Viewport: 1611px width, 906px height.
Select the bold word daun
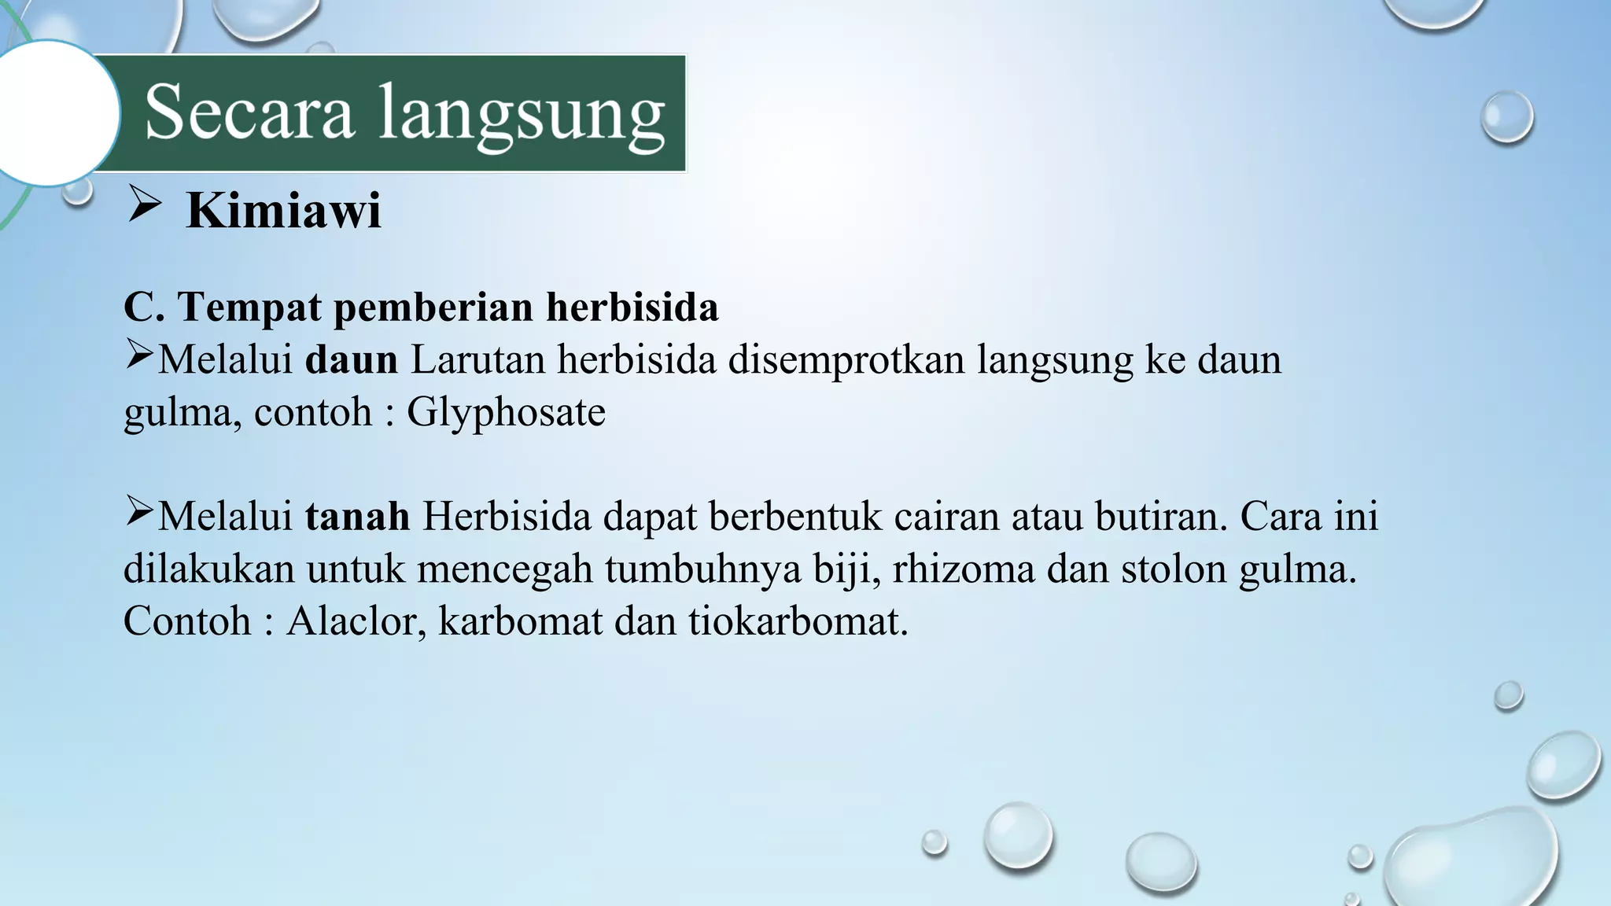tap(352, 359)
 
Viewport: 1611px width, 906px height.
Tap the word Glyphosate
tap(506, 412)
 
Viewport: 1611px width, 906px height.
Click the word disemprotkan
tap(846, 359)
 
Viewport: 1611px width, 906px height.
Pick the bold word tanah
tap(357, 517)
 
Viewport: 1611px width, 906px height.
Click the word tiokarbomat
tap(798, 621)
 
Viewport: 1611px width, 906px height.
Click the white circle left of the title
tap(49, 113)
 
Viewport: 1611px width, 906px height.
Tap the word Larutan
tap(477, 359)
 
